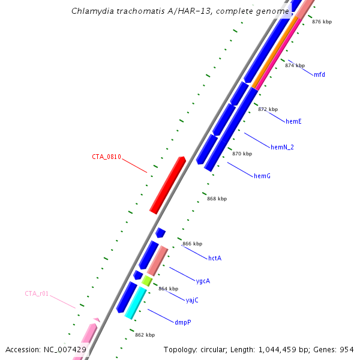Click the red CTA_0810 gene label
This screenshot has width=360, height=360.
(x=106, y=157)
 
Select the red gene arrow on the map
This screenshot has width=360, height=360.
(x=167, y=185)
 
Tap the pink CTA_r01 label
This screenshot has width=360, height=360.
(x=37, y=294)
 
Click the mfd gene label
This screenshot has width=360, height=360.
(x=319, y=74)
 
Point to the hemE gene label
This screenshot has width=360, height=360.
(x=293, y=122)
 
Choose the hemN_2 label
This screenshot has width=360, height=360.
(x=283, y=147)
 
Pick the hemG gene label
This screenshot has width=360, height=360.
(x=262, y=176)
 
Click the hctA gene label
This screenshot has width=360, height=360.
(x=215, y=258)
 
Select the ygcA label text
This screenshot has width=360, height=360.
(x=203, y=281)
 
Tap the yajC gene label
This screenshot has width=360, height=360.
(x=192, y=300)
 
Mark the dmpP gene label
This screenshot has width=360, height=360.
(x=184, y=322)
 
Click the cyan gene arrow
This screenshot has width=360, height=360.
(x=136, y=302)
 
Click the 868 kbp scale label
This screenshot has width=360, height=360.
(x=217, y=199)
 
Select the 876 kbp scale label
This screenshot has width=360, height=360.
(x=322, y=22)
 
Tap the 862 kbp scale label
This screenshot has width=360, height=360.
(x=145, y=335)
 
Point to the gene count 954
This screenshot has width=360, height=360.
(x=347, y=349)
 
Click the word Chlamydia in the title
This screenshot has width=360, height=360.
(x=90, y=11)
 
